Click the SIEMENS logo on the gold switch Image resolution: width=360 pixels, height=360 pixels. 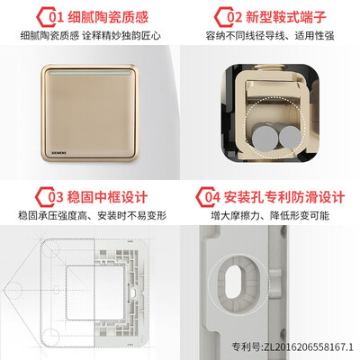tap(59, 153)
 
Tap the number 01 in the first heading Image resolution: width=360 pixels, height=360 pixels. tap(57, 17)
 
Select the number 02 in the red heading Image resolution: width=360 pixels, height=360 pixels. tap(234, 17)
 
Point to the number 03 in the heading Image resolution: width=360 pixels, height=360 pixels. tap(56, 197)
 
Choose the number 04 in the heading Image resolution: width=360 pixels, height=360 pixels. tap(212, 197)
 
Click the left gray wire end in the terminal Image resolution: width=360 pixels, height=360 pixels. tap(265, 139)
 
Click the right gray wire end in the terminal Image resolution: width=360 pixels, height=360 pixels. tap(290, 137)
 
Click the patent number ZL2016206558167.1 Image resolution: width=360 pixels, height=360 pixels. tap(309, 347)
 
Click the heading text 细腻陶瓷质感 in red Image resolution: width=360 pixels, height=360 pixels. tap(108, 17)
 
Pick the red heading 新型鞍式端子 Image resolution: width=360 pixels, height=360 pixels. tap(286, 17)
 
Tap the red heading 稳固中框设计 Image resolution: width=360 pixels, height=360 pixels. tap(107, 197)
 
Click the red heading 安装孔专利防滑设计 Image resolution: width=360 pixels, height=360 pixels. tap(284, 197)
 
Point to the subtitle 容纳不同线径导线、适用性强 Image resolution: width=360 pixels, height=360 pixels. tap(270, 36)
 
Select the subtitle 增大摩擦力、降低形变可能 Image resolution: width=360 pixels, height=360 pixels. tap(270, 216)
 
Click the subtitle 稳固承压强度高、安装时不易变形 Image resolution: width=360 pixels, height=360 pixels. tap(92, 216)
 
